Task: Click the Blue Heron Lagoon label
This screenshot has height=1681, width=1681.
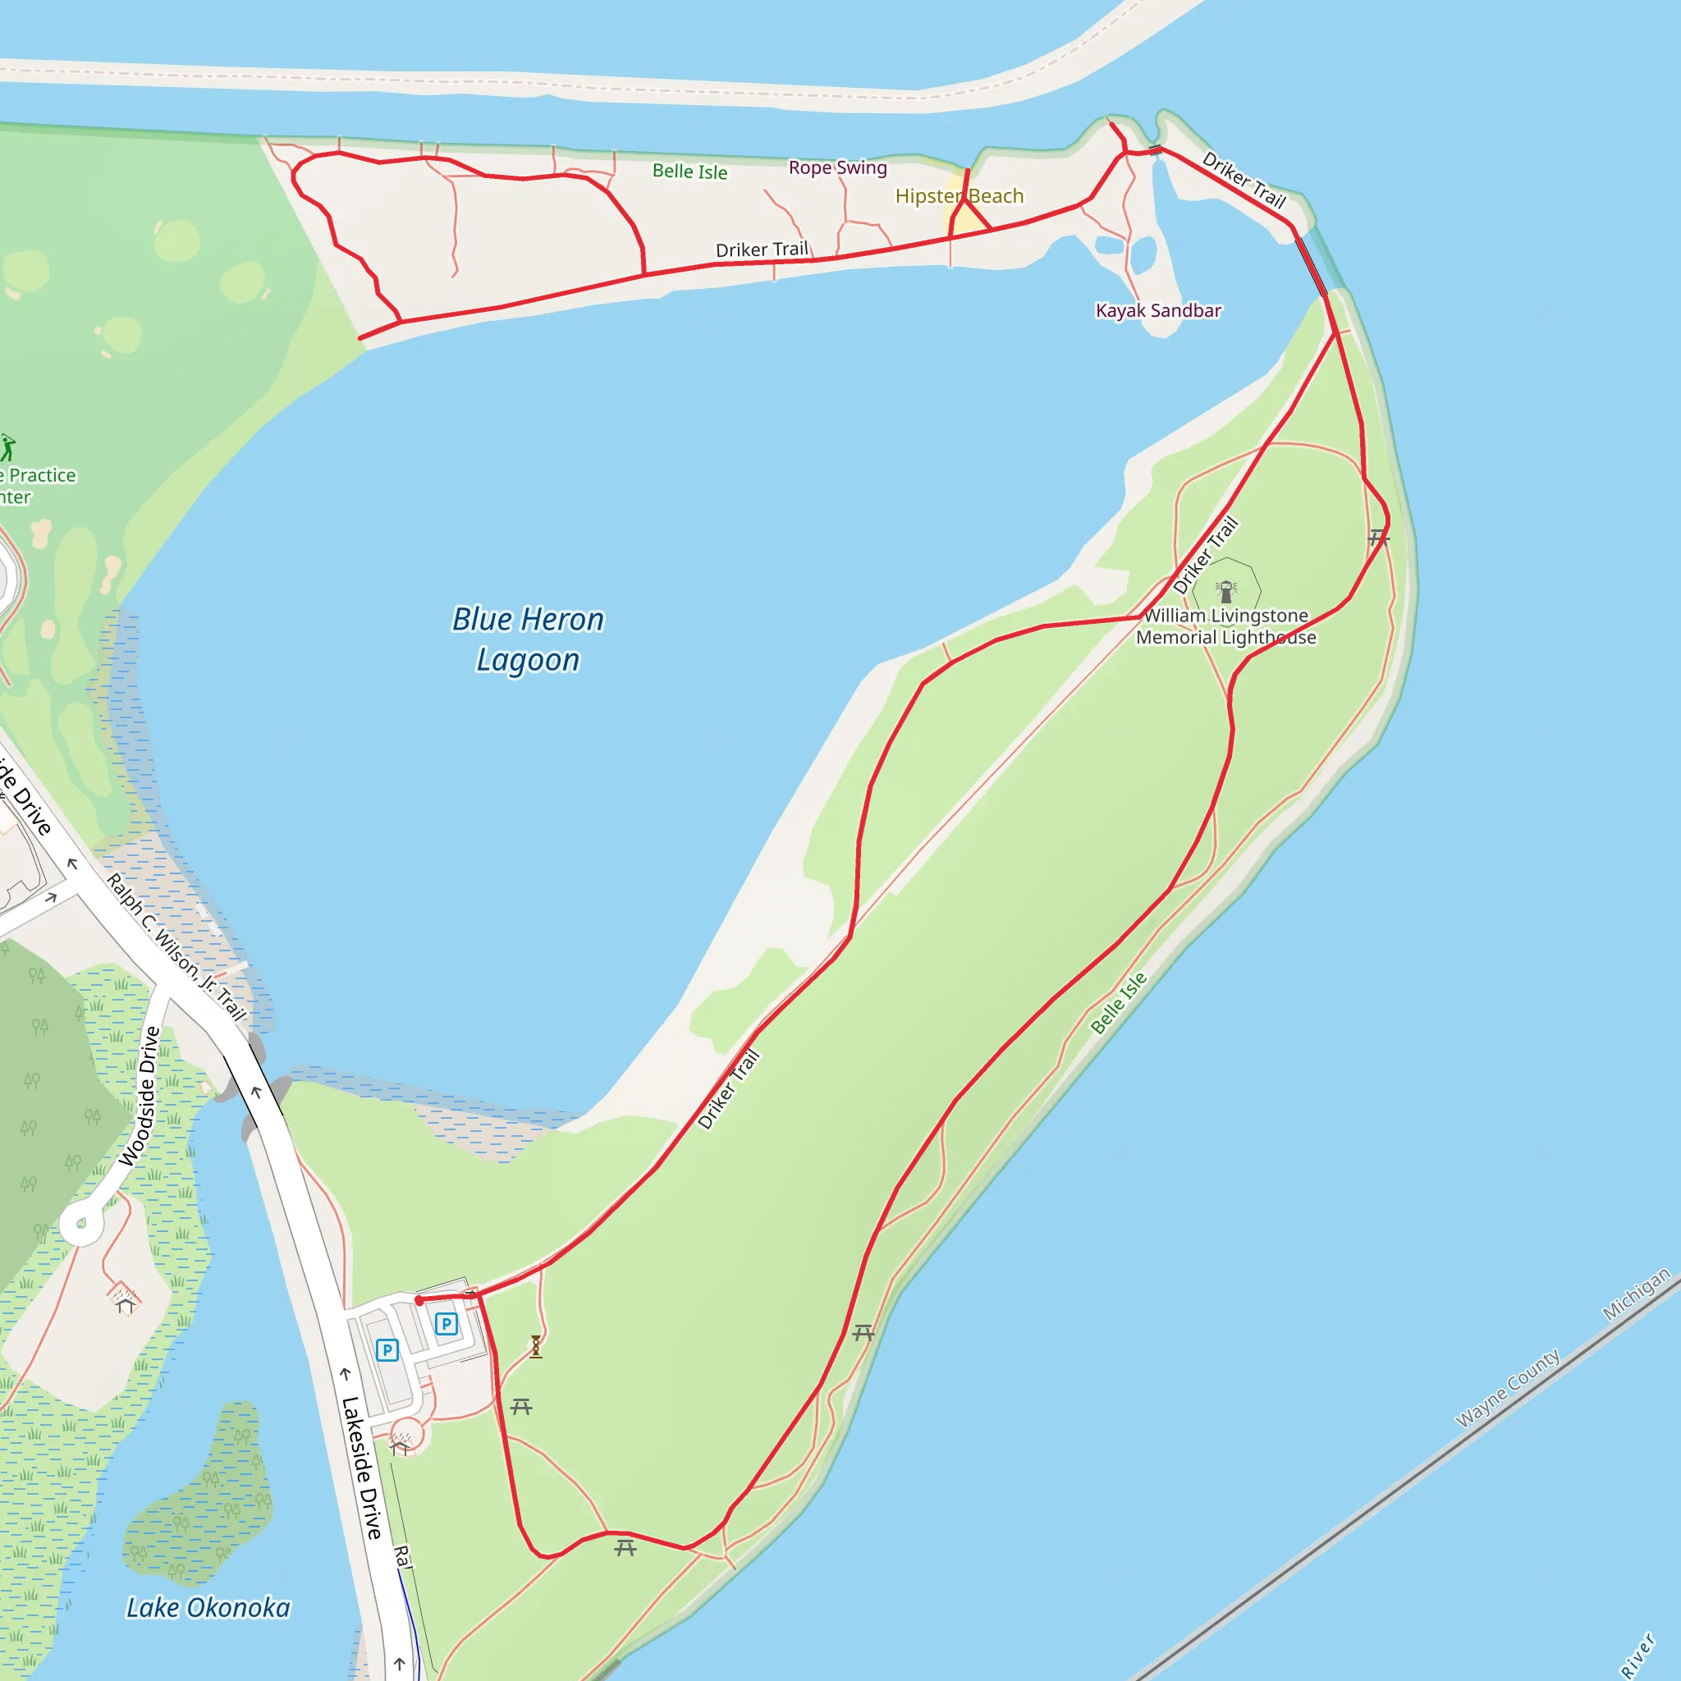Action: coord(527,639)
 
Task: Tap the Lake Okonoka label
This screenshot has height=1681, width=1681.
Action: coord(208,1607)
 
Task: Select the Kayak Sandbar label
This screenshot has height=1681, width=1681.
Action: coord(1158,310)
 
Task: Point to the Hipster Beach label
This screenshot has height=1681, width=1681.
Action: coord(959,196)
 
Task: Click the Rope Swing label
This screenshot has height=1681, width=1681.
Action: coord(837,167)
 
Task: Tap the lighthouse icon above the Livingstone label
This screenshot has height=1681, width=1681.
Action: coord(1226,592)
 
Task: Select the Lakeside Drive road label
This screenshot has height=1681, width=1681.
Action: coord(361,1467)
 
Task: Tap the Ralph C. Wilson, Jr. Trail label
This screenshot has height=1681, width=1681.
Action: coord(176,946)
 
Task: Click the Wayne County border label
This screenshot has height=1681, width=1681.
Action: coord(1508,1389)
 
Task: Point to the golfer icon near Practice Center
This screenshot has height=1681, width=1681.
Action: coord(8,447)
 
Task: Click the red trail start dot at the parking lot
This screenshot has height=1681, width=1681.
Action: coord(419,1300)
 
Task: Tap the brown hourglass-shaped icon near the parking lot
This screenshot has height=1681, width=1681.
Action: coord(536,1346)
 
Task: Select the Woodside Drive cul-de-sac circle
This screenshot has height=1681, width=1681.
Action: coord(82,1223)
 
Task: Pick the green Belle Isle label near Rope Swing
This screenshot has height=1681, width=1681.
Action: coord(689,172)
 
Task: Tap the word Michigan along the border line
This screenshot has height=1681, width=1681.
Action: coord(1636,1294)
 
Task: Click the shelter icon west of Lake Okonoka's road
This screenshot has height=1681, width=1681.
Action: coord(125,1300)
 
